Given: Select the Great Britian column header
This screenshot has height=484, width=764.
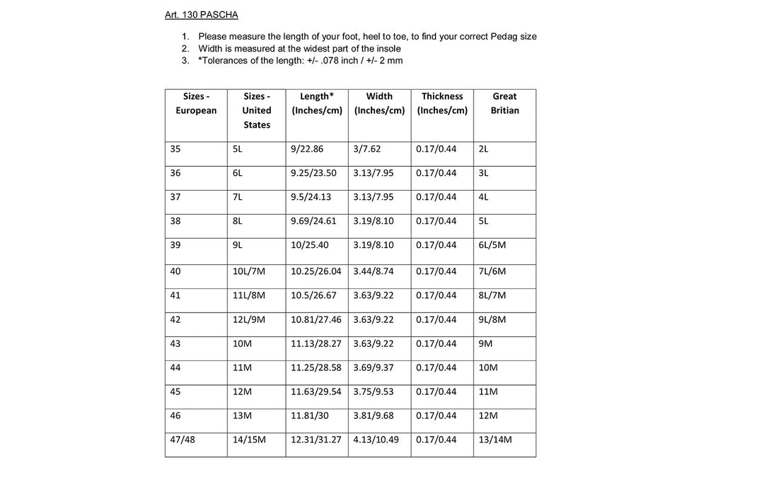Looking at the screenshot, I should [x=504, y=103].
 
